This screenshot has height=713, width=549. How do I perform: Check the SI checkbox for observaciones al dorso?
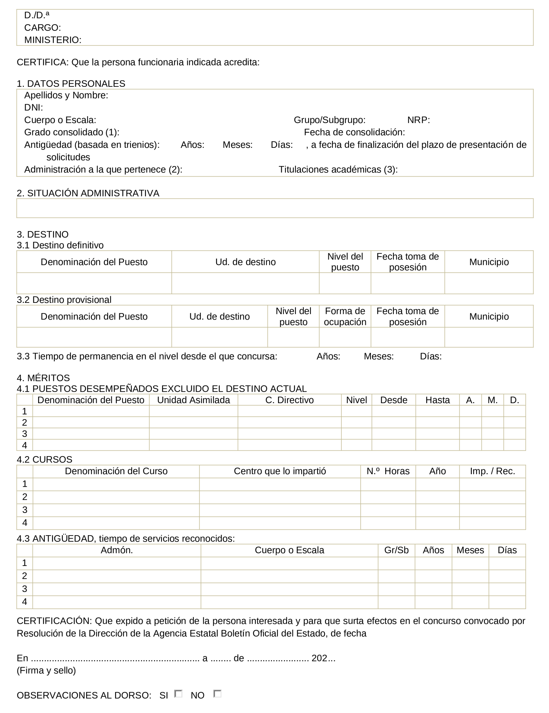[178, 694]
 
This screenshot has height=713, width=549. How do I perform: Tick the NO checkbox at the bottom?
[217, 694]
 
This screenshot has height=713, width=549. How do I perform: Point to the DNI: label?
[34, 108]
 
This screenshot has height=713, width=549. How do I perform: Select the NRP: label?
[419, 120]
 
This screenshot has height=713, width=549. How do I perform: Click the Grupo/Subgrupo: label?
[330, 120]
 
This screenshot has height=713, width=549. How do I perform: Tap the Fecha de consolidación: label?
[354, 132]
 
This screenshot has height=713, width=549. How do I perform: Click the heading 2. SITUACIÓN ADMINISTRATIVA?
[88, 193]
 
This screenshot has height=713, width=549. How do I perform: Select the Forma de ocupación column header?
[345, 316]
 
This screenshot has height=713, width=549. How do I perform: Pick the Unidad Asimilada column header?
[193, 400]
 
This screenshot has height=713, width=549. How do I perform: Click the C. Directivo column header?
[289, 400]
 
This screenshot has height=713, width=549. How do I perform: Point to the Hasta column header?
[437, 400]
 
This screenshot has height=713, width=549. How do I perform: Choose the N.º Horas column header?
[388, 471]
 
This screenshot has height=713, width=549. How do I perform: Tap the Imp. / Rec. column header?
[492, 471]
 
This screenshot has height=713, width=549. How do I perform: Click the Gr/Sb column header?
[396, 550]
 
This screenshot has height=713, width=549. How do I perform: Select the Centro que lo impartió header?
[280, 471]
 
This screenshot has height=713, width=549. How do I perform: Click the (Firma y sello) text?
[46, 670]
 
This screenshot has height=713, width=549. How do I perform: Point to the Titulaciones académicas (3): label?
[338, 170]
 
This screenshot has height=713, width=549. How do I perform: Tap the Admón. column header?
[117, 550]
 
